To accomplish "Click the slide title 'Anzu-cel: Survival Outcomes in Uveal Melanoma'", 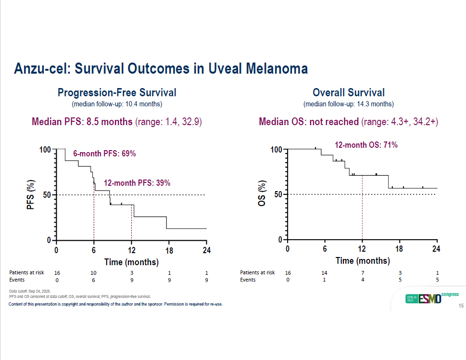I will click(x=161, y=69).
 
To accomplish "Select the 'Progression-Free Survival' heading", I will click(x=117, y=92).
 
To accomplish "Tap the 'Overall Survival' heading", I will click(x=348, y=92).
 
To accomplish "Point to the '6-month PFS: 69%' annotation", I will click(x=104, y=154).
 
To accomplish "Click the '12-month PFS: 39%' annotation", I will click(x=137, y=183).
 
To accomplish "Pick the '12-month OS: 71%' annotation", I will click(x=366, y=144).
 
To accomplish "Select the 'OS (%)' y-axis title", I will click(x=262, y=195).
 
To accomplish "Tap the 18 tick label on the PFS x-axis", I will click(x=169, y=250).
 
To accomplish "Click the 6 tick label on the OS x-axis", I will click(x=325, y=249).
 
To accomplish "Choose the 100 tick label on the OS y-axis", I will click(x=276, y=150).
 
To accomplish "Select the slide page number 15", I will click(x=461, y=306).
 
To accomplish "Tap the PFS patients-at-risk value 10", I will click(x=94, y=273).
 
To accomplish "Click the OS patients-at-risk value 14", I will click(x=325, y=273).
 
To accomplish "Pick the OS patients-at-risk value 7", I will click(x=362, y=273).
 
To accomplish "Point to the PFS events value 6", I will click(x=94, y=280).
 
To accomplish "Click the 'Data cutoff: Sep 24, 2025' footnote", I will click(x=30, y=292).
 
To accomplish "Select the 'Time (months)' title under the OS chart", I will click(x=362, y=261).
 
